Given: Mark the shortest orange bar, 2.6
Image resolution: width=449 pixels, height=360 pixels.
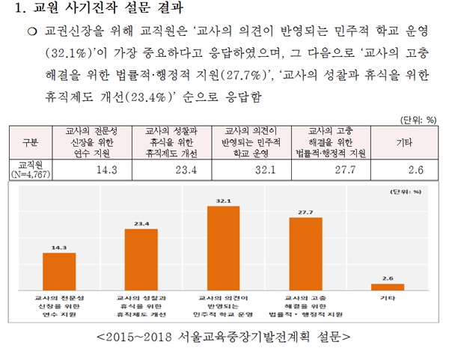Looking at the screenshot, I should tap(387, 286).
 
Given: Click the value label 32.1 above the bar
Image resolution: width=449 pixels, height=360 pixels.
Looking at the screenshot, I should tap(224, 201).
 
